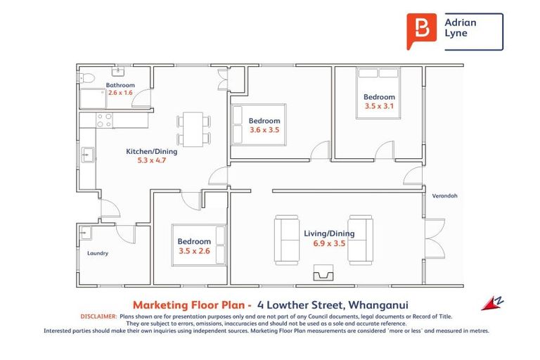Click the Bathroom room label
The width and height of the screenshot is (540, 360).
click(120, 85)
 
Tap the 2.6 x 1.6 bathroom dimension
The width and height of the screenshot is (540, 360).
click(120, 93)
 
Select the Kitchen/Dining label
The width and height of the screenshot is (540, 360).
click(151, 151)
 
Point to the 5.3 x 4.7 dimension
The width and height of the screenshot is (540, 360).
click(151, 160)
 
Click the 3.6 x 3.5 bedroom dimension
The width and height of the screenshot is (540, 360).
click(264, 129)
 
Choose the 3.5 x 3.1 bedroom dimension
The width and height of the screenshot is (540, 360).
click(379, 106)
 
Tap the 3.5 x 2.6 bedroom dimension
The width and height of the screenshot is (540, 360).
click(194, 250)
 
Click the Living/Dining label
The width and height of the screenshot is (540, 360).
click(329, 233)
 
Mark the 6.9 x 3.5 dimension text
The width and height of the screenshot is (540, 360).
click(329, 243)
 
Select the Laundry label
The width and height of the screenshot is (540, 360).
click(98, 253)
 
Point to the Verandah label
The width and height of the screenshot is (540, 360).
click(444, 195)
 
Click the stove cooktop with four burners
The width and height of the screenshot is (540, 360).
click(104, 120)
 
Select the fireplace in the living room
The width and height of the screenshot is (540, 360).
click(323, 273)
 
